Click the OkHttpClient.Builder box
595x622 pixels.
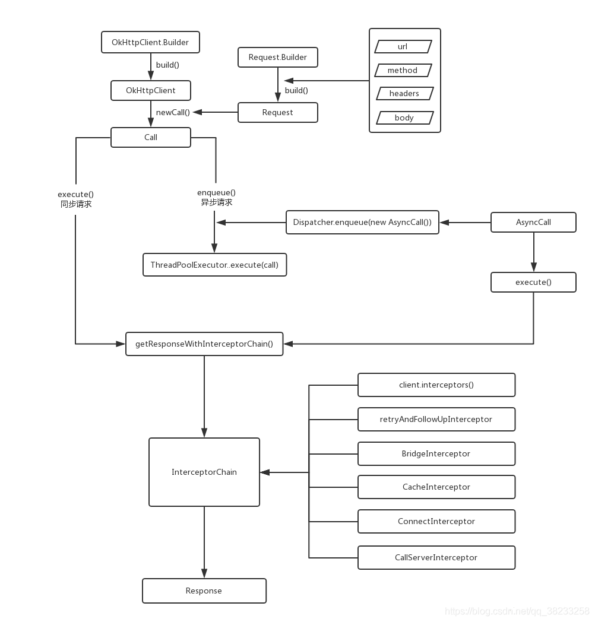point(150,42)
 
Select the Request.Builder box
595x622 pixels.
point(278,58)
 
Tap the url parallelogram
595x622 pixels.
point(403,46)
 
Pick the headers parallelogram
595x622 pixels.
point(404,94)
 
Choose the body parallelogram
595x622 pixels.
point(404,118)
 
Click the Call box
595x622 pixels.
point(151,137)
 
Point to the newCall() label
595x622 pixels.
point(173,112)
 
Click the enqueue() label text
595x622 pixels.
point(216,192)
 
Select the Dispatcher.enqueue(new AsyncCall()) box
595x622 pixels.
point(362,222)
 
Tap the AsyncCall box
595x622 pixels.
point(533,222)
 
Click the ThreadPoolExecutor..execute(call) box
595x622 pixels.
point(215,265)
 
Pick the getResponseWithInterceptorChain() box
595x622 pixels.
point(204,344)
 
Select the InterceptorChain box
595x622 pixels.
point(204,472)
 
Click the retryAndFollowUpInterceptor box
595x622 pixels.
point(436,419)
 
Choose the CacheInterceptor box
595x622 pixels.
point(436,487)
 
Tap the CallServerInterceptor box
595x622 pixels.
point(436,557)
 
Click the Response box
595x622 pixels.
point(204,591)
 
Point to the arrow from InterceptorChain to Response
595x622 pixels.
point(204,542)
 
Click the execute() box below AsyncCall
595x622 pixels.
point(533,282)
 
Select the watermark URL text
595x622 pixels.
point(517,611)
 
